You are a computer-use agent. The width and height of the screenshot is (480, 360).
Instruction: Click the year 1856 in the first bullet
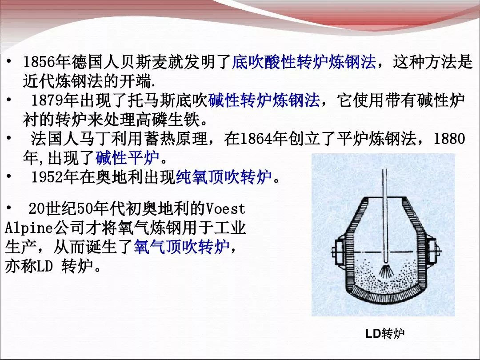tap(40, 62)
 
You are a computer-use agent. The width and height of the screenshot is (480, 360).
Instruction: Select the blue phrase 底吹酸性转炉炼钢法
tap(304, 62)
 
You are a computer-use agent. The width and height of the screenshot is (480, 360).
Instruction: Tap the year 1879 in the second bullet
tap(48, 100)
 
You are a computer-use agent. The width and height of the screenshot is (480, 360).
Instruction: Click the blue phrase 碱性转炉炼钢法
tap(264, 100)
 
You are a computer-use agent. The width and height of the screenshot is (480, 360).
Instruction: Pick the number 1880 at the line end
tap(449, 139)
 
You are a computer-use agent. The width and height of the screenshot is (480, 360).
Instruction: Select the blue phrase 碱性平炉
tap(128, 158)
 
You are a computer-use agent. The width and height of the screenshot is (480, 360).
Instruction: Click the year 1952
tap(48, 177)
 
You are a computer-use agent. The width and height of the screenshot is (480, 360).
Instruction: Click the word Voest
tap(225, 209)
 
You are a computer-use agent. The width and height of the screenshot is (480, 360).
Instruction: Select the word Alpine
tap(29, 228)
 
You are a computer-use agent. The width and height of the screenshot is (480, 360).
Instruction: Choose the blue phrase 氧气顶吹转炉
tap(181, 247)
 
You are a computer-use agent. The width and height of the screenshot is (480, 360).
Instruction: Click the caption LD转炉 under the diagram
tap(385, 333)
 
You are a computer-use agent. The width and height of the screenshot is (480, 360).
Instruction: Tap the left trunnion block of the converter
tap(339, 252)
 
